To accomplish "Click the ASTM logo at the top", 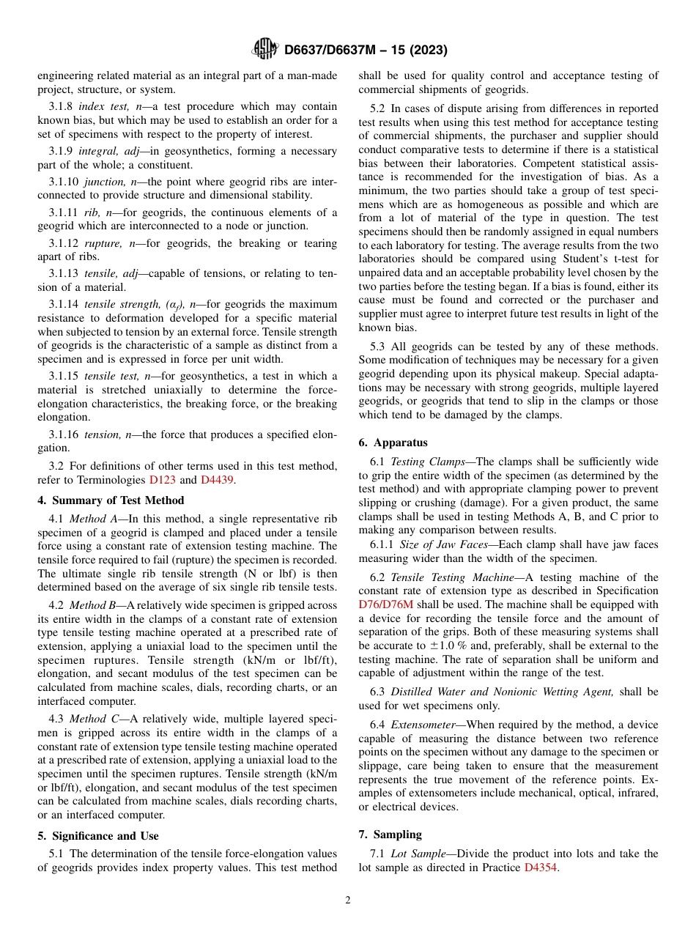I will point(264,49).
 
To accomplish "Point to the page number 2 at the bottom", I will point(348,900).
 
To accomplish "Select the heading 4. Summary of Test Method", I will point(111,500).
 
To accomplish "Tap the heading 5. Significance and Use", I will point(97,835).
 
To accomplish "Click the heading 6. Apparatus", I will point(393,443).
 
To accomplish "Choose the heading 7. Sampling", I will point(390,835).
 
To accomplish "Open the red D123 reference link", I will point(161,480).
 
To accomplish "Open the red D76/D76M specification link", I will point(386,604).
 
